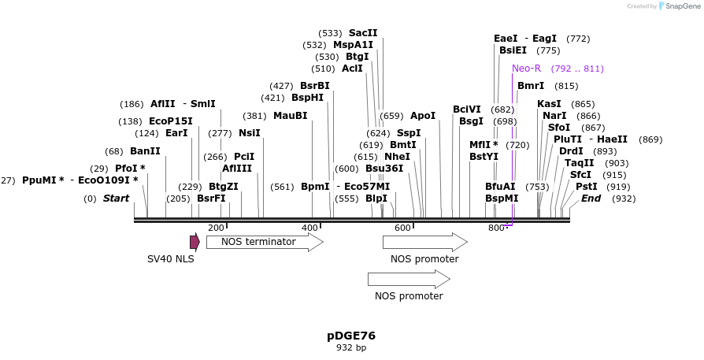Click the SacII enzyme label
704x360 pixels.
363,33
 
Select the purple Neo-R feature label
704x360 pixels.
526,69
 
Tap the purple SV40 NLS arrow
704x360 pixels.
195,242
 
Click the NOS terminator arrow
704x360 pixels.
265,242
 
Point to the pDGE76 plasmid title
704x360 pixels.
351,336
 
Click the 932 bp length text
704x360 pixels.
351,347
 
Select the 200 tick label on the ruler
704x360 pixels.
216,228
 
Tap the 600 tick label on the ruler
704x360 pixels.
402,228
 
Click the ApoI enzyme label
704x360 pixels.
423,116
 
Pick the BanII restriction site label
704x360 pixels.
145,151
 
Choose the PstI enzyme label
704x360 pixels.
587,187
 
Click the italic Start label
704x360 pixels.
116,199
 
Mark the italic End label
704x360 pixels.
591,199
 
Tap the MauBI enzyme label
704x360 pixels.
290,116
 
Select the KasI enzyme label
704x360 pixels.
549,104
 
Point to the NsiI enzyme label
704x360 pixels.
249,133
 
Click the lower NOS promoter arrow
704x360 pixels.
409,279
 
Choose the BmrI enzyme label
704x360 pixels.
531,86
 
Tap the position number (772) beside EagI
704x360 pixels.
578,39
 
